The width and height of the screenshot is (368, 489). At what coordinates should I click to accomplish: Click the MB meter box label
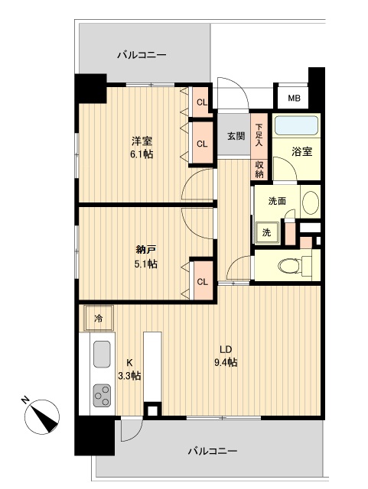pyautogui.click(x=294, y=99)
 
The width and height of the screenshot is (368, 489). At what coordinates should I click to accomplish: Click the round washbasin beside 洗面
pyautogui.click(x=310, y=202)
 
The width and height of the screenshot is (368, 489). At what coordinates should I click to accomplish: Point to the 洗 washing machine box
pyautogui.click(x=266, y=232)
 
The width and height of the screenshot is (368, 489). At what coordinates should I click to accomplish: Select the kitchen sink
pyautogui.click(x=103, y=356)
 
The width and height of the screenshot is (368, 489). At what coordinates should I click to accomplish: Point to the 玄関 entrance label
pyautogui.click(x=236, y=137)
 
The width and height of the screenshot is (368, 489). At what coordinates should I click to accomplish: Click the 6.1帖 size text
pyautogui.click(x=142, y=154)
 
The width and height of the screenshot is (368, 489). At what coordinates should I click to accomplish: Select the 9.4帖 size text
pyautogui.click(x=226, y=362)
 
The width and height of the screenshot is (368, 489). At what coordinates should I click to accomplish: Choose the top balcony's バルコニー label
pyautogui.click(x=142, y=55)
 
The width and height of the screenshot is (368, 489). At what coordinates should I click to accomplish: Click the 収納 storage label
pyautogui.click(x=260, y=169)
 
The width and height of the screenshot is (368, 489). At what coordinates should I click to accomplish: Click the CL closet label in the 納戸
pyautogui.click(x=203, y=282)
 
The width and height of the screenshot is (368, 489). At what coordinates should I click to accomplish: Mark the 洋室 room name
pyautogui.click(x=142, y=141)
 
